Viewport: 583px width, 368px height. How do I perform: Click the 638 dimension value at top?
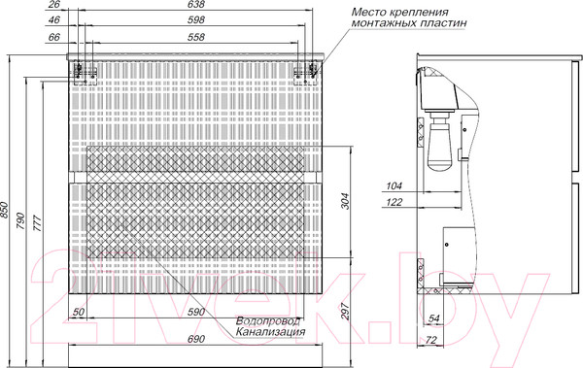pyautogui.click(x=196, y=5)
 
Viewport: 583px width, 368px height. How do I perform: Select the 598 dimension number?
pyautogui.click(x=196, y=20)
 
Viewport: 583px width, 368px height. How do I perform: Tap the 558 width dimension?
pyautogui.click(x=196, y=37)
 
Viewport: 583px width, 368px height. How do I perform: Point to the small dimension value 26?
pyautogui.click(x=54, y=5)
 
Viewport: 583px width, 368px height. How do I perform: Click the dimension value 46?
pyautogui.click(x=54, y=20)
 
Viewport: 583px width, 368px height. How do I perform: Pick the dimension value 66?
pyautogui.click(x=54, y=37)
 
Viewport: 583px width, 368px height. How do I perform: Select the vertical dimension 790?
pyautogui.click(x=20, y=220)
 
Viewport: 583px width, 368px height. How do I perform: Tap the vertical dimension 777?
pyautogui.click(x=38, y=223)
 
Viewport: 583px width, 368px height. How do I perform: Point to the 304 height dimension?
pyautogui.click(x=345, y=201)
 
